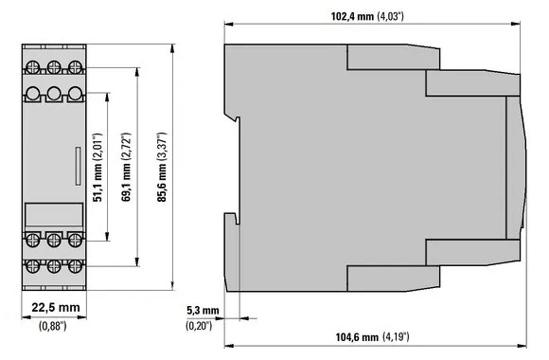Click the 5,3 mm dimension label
[204, 311]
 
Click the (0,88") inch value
[52, 328]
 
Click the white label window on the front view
[52, 215]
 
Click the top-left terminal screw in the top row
[33, 67]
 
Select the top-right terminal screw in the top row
[73, 67]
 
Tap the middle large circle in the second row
[53, 95]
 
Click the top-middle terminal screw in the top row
[53, 67]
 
